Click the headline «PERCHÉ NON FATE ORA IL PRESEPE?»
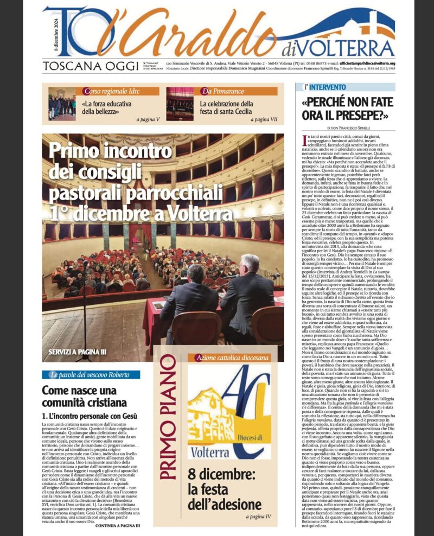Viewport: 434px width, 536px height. (348, 108)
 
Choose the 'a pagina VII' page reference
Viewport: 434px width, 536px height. (265, 118)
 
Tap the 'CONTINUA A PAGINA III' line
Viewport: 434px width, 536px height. (117, 526)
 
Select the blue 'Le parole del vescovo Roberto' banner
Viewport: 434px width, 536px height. (90, 375)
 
